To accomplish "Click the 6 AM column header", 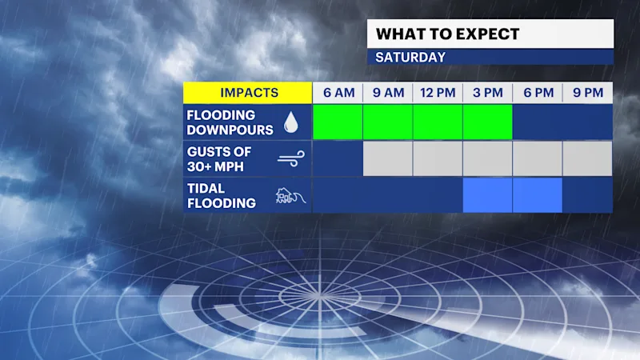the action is [338, 93].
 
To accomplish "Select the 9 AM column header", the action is [388, 93].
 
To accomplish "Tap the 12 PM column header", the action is [438, 93].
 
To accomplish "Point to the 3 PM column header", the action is [488, 93].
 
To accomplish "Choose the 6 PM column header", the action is [538, 93].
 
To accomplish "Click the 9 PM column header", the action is [588, 93].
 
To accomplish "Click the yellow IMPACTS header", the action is [248, 93].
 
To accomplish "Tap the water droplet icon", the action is [291, 122].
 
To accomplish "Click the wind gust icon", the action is [291, 158].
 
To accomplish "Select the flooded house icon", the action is [290, 196].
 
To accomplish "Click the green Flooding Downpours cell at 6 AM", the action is [338, 122].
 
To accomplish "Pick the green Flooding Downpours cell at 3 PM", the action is [488, 122].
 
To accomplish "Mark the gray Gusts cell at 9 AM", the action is [388, 158].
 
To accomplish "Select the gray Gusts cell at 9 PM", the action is [588, 158].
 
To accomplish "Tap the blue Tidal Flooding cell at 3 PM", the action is [488, 195].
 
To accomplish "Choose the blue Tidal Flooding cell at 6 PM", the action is [538, 195].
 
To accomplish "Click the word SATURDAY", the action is [410, 57].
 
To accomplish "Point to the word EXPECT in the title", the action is [487, 34].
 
